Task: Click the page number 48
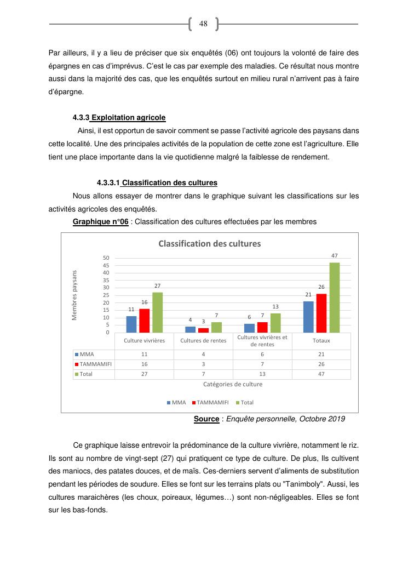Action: (203, 24)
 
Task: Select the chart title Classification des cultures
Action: (209, 243)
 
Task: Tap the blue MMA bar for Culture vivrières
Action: (131, 324)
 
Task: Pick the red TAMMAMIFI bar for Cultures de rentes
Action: (204, 330)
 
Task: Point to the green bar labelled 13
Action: (275, 323)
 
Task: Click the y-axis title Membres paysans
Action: (75, 295)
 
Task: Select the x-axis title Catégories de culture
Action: (233, 384)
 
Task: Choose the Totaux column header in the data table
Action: (321, 340)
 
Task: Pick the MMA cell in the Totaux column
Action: (321, 354)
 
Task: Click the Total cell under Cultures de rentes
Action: (203, 374)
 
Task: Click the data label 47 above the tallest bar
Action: (334, 256)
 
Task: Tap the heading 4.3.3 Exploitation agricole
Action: (119, 117)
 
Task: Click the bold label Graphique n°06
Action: (101, 222)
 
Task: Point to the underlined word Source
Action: (206, 419)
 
